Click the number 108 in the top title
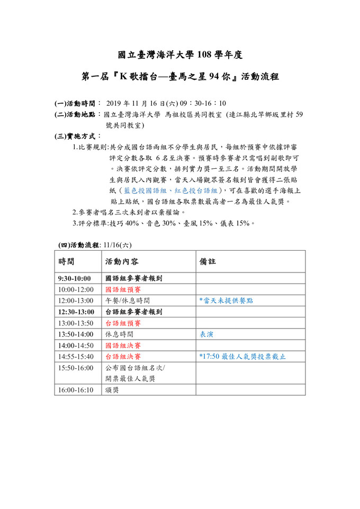click(206, 54)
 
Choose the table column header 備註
click(208, 261)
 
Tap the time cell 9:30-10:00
click(75, 278)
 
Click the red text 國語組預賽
click(123, 289)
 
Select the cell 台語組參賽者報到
click(134, 312)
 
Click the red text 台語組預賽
click(123, 323)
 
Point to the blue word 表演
click(206, 334)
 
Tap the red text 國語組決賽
click(123, 346)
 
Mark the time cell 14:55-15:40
click(76, 357)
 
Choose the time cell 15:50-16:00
click(76, 368)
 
